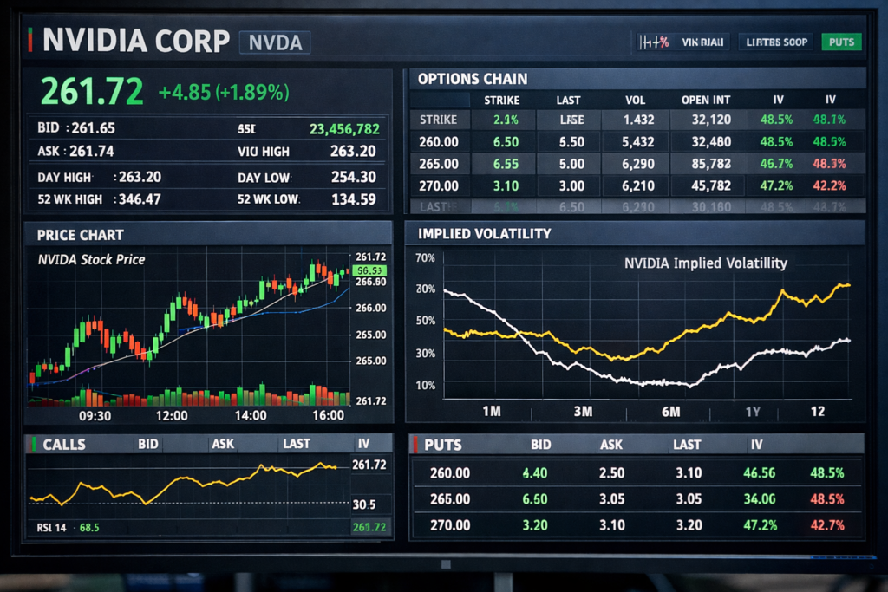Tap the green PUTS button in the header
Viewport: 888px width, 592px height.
(x=840, y=42)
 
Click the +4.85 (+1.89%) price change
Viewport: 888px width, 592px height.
(x=224, y=92)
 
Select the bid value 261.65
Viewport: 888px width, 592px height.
(x=93, y=128)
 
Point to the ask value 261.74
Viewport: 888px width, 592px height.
(x=91, y=152)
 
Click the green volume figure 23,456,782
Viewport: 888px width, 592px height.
(x=344, y=129)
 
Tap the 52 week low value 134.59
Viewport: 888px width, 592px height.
(x=354, y=199)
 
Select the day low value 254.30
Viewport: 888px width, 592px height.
(x=354, y=178)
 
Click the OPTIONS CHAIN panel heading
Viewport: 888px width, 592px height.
(x=472, y=79)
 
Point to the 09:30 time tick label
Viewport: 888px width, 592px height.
(x=95, y=416)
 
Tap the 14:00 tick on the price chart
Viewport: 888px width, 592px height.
(x=251, y=416)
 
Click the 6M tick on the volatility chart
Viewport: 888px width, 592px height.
(x=670, y=412)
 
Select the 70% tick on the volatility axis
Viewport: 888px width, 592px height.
(x=425, y=258)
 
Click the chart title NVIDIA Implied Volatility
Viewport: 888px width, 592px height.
(x=705, y=263)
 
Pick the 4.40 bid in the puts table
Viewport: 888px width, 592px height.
(x=535, y=473)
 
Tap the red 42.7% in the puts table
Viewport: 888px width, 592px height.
(x=826, y=525)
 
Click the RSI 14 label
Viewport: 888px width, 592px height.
(x=51, y=527)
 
